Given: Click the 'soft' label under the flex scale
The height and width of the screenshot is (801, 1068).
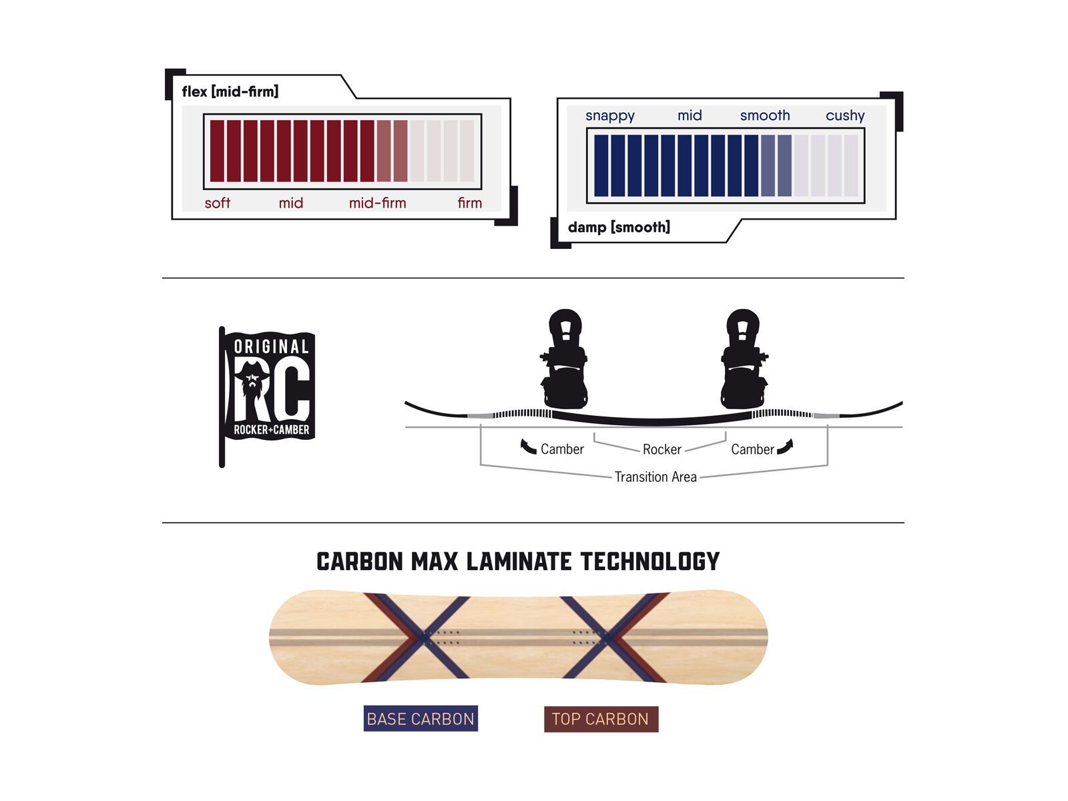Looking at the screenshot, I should coord(217,203).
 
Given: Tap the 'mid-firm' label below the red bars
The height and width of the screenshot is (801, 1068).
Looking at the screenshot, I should coord(377,203).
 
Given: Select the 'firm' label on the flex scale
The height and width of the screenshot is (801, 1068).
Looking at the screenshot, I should coord(469,203).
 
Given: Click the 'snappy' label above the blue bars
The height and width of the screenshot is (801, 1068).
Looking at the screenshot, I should coord(609,115).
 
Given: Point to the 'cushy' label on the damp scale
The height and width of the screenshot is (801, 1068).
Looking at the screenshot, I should coord(844,115).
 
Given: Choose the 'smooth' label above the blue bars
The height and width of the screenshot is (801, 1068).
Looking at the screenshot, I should coord(764,115).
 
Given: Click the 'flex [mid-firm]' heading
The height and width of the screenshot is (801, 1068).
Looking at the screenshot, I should coord(230,91).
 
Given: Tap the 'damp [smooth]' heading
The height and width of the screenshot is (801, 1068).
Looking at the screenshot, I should coord(619,228).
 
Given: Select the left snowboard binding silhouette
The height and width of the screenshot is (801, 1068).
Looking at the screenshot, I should coord(565,360).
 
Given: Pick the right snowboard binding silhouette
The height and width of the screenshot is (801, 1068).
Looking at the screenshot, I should coord(743,360).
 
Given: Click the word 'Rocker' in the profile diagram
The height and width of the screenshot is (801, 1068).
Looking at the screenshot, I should coord(661,450).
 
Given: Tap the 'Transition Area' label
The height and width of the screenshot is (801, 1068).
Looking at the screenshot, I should coord(655,477).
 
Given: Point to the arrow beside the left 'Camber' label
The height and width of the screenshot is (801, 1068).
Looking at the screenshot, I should coord(528,447).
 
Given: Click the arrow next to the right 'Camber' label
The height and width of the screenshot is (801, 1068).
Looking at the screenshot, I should coord(785,447).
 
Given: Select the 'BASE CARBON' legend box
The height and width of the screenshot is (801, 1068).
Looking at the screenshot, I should coord(421,719).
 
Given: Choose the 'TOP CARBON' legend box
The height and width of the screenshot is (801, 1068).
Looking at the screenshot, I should coord(601,720).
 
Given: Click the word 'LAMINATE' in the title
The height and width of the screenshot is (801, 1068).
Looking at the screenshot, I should coord(519,562).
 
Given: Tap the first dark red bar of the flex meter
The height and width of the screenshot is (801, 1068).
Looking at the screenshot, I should coord(217,151).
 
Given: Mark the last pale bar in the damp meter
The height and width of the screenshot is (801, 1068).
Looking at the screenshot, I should coord(851,166).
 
